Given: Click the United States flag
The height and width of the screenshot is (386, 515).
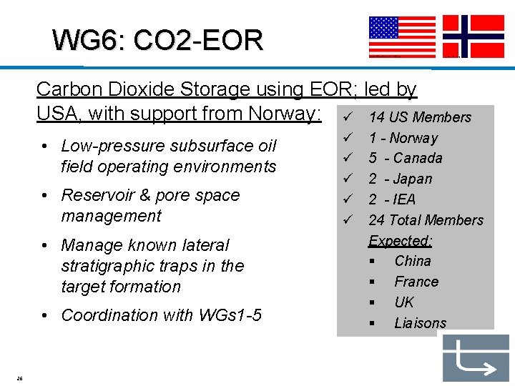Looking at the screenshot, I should coord(402,36).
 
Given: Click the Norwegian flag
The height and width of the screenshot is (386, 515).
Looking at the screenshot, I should coord(474,36).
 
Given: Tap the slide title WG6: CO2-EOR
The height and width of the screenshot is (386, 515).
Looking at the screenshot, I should coord(158,40).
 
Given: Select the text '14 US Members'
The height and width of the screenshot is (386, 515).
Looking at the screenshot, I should coord(420,117).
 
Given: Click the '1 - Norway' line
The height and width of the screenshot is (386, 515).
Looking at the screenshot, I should coord(403,138).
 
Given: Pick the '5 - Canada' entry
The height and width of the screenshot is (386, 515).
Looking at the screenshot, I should coord(406,158).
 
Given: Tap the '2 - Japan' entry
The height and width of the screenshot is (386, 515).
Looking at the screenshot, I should coord(401,179).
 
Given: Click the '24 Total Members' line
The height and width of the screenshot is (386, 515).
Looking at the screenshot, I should coord(426,220).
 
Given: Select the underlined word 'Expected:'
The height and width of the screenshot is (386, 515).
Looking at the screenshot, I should coord(401,240).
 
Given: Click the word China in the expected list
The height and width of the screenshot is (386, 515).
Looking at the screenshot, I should coord(413,261).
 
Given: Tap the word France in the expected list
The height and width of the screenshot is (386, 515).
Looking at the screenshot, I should coord(416,282).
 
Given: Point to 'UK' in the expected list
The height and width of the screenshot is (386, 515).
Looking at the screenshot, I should coord(404,302).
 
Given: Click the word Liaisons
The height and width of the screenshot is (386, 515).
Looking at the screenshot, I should coord(420,323).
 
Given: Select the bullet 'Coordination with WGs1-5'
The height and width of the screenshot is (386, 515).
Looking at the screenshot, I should coord(161,315).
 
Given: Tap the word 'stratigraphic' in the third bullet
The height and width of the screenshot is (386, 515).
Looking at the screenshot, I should coord(107,266).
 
